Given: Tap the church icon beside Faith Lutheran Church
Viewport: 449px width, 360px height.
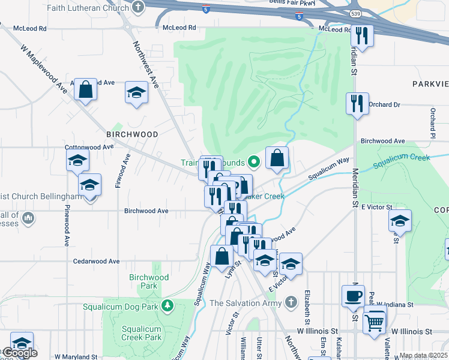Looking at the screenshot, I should pyautogui.click(x=139, y=7).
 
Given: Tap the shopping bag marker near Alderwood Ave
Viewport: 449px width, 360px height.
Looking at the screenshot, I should pyautogui.click(x=86, y=90).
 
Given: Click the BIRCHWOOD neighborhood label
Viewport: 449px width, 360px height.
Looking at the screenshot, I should pyautogui.click(x=132, y=134).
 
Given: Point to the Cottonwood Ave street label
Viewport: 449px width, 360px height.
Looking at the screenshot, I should pyautogui.click(x=89, y=146).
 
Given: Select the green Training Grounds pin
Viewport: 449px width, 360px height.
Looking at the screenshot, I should pyautogui.click(x=254, y=161).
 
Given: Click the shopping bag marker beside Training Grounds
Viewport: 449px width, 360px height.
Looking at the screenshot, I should pyautogui.click(x=277, y=158).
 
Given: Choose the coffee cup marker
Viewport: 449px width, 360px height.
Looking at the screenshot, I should pyautogui.click(x=353, y=296).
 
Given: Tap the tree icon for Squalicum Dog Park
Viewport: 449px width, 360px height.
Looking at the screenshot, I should pyautogui.click(x=169, y=306).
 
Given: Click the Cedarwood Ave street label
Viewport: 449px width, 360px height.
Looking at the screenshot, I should pyautogui.click(x=96, y=261).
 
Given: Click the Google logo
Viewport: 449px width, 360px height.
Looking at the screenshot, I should pyautogui.click(x=19, y=353).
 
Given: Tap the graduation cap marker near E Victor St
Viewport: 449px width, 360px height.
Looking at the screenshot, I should pyautogui.click(x=400, y=221).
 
